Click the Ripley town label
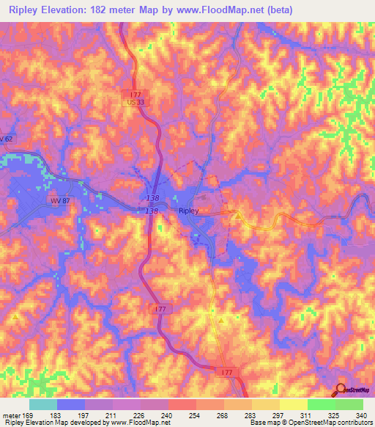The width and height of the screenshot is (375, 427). click(189, 211)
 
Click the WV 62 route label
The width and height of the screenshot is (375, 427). click(7, 139)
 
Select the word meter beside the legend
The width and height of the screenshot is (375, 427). click(11, 415)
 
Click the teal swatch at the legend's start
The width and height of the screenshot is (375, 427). click(43, 404)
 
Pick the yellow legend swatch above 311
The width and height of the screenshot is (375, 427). click(293, 404)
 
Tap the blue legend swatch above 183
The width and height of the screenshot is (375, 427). click(71, 404)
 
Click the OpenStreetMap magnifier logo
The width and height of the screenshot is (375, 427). click(342, 390)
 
